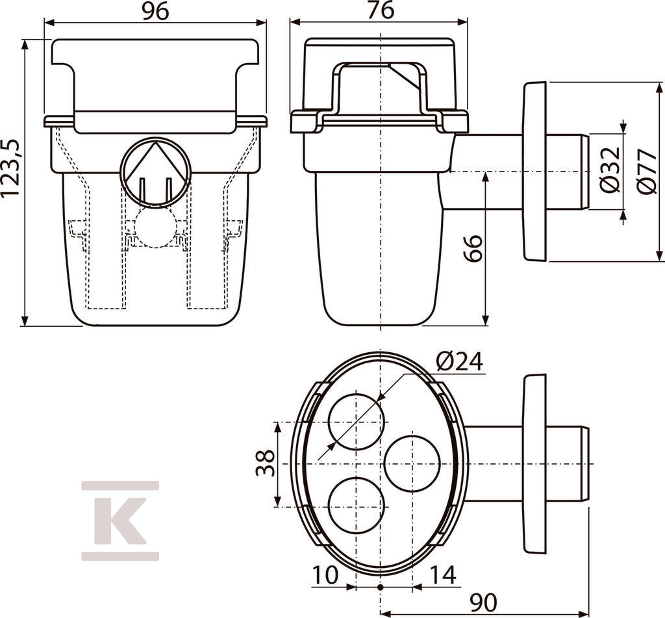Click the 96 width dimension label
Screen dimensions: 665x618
[155, 11]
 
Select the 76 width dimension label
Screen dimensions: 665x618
[381, 10]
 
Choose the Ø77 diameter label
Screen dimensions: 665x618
[647, 171]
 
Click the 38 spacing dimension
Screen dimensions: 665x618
[265, 463]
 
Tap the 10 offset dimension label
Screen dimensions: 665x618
[325, 575]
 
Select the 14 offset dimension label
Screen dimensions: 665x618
[443, 575]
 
